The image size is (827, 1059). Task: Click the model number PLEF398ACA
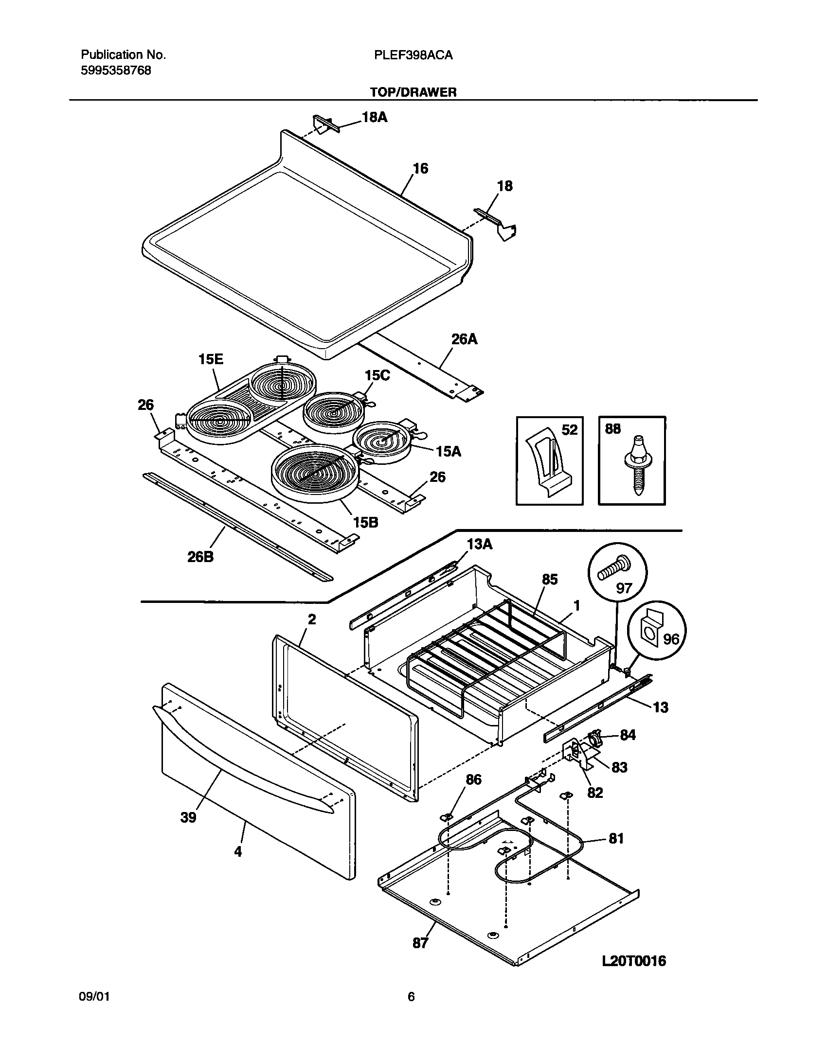pos(413,55)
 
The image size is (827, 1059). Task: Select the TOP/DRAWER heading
pos(413,92)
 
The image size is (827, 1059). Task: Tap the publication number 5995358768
pos(115,71)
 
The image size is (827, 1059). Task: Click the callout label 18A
pos(375,117)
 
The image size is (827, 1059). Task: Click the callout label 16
pos(420,169)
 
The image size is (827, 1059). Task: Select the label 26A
pos(464,339)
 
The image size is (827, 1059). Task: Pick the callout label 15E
pos(211,359)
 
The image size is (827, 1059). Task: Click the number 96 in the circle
pos(671,638)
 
